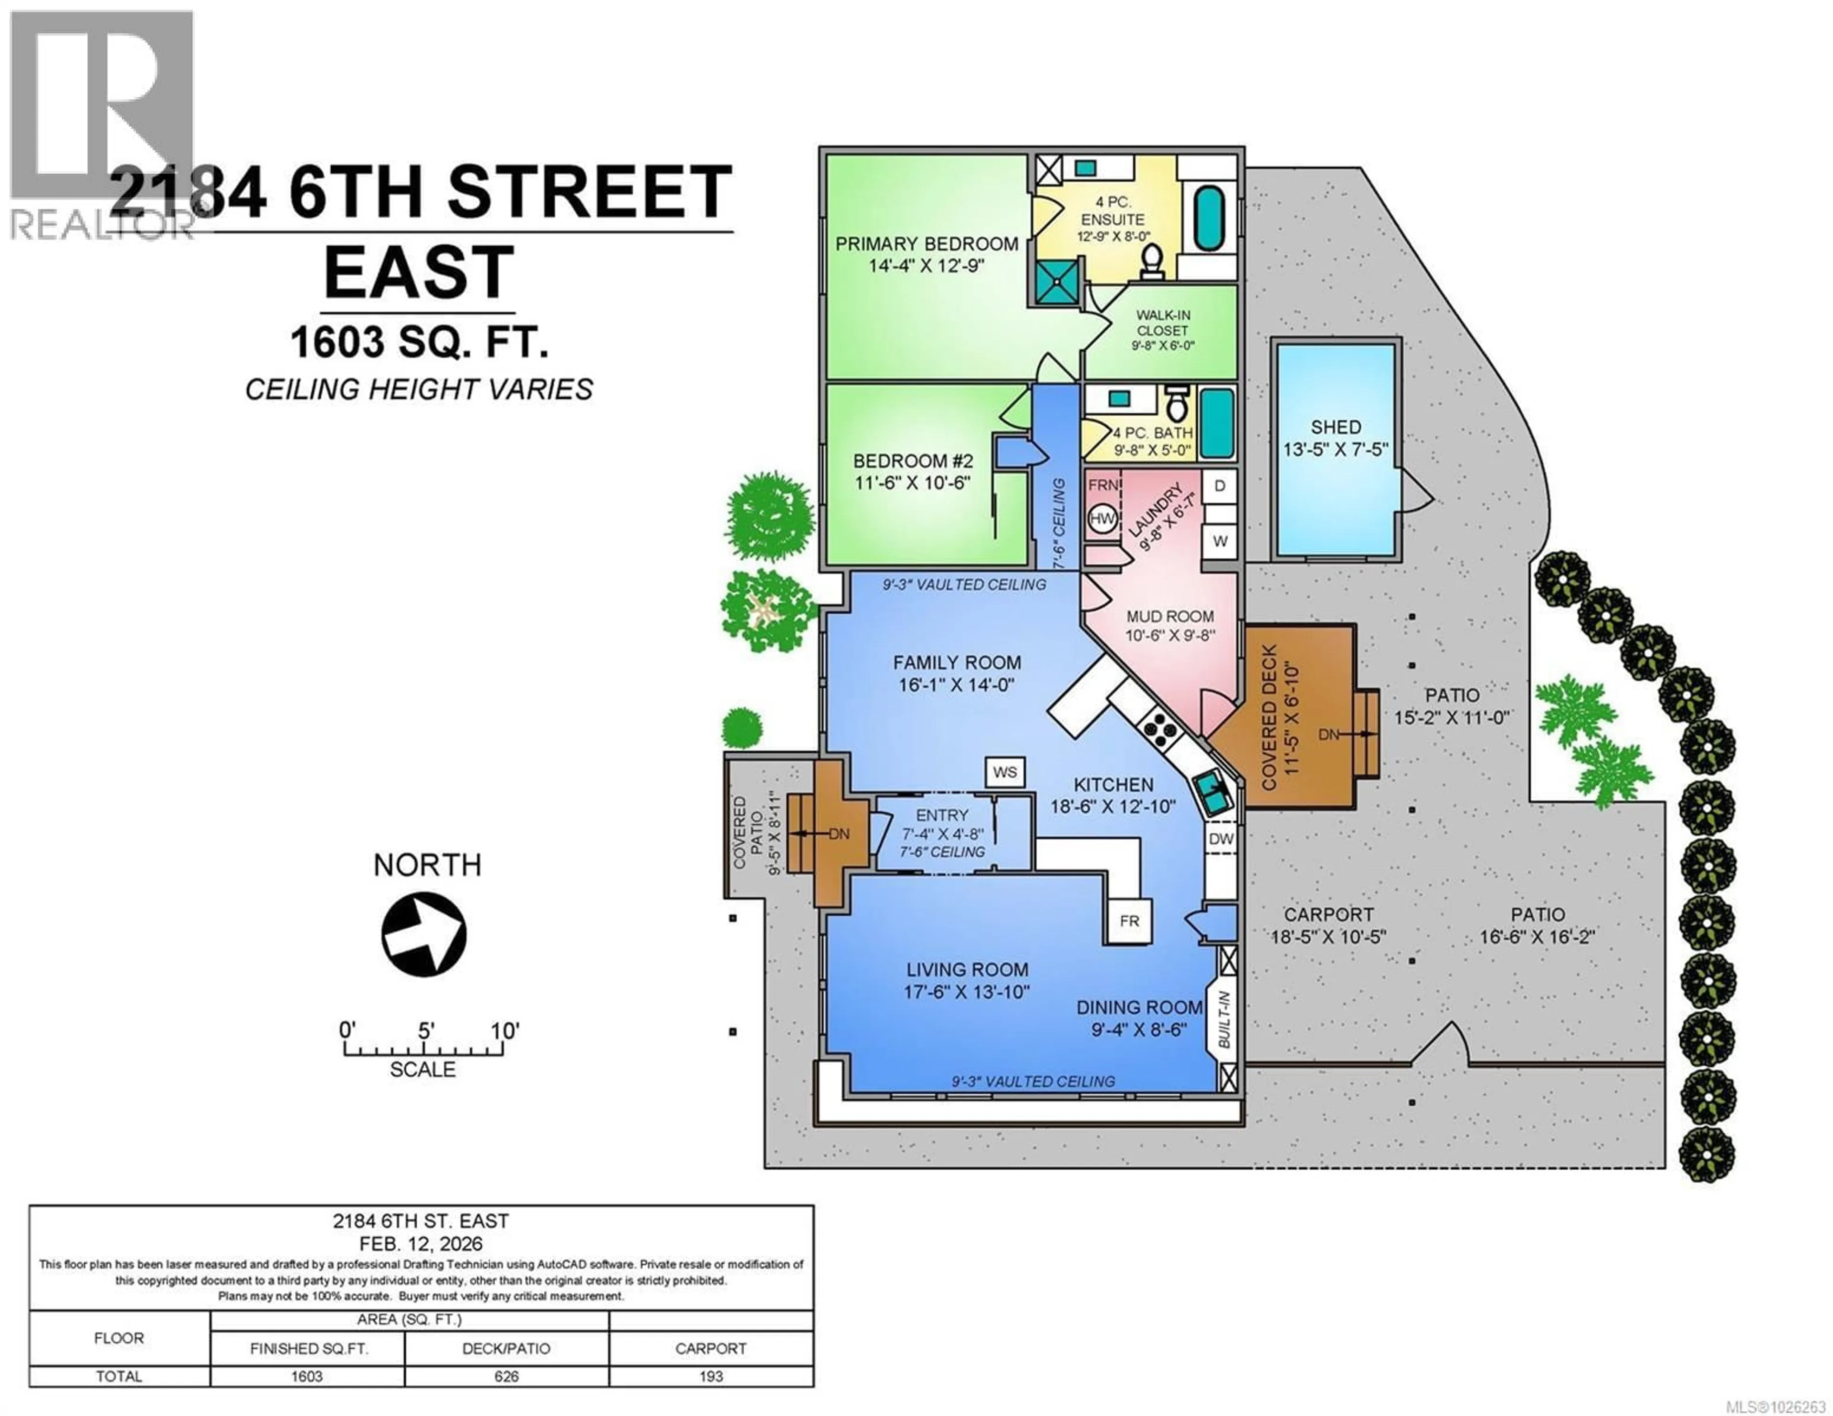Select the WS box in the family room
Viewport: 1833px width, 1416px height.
[1005, 771]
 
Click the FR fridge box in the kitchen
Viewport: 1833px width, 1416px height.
[1129, 921]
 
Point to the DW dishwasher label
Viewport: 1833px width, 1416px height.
[1221, 839]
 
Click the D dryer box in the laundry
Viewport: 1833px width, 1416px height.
[1220, 486]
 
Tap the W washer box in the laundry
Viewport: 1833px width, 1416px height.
[1220, 541]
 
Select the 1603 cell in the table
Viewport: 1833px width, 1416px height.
[307, 1376]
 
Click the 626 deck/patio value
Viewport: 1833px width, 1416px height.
[506, 1376]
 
